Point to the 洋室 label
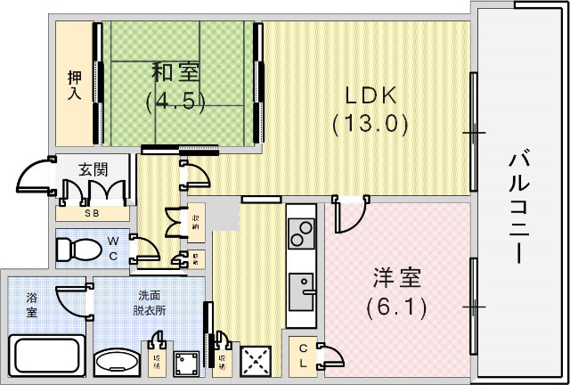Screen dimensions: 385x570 (396, 278)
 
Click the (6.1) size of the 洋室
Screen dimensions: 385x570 (396, 308)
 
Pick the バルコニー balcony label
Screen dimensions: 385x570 (520, 205)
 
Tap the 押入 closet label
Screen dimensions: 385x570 (76, 86)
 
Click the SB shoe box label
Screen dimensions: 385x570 (92, 214)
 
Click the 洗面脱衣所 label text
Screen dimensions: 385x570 (149, 303)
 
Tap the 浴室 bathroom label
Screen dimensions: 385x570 (32, 305)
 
